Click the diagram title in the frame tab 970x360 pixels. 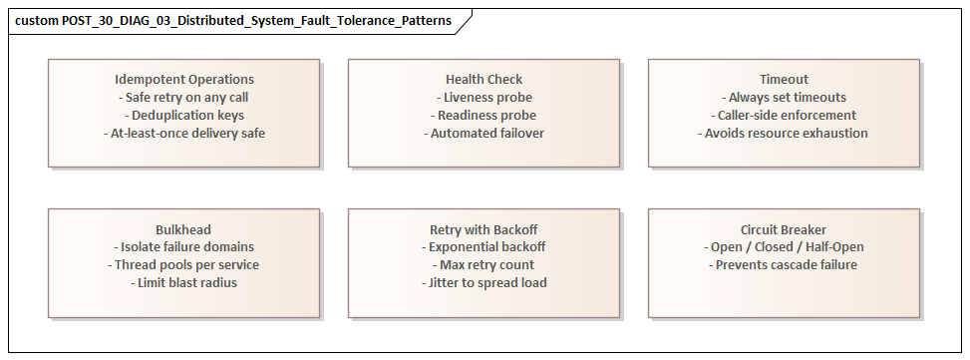pyautogui.click(x=232, y=20)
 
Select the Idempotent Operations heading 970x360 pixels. pyautogui.click(x=184, y=79)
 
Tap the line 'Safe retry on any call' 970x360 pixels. pyautogui.click(x=184, y=97)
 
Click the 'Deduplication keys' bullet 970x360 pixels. pyautogui.click(x=184, y=115)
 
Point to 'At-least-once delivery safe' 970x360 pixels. pyautogui.click(x=184, y=133)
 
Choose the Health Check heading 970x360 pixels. pyautogui.click(x=484, y=79)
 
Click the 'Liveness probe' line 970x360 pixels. pyautogui.click(x=484, y=97)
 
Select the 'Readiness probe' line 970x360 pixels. pyautogui.click(x=484, y=115)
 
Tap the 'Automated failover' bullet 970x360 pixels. pyautogui.click(x=484, y=133)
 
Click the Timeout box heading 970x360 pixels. pyautogui.click(x=784, y=79)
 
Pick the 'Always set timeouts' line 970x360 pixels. pyautogui.click(x=784, y=97)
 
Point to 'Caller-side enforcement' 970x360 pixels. pyautogui.click(x=784, y=115)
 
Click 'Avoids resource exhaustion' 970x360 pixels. pyautogui.click(x=784, y=133)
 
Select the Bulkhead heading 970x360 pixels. pyautogui.click(x=184, y=228)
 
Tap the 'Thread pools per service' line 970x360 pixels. pyautogui.click(x=184, y=264)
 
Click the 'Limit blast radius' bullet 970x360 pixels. pyautogui.click(x=184, y=282)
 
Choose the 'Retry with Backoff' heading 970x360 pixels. pyautogui.click(x=484, y=228)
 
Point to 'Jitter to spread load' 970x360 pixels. pyautogui.click(x=484, y=282)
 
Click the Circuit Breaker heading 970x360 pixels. pyautogui.click(x=784, y=228)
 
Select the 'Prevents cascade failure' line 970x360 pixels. pyautogui.click(x=784, y=264)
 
